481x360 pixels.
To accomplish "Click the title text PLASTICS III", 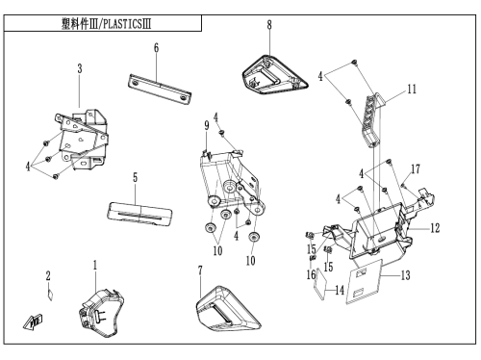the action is (x=127, y=24).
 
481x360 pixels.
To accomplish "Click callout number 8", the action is (x=269, y=25).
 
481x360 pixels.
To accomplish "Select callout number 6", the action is (x=156, y=48).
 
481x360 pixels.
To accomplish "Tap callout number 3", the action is (x=80, y=68).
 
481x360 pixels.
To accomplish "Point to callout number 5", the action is (x=135, y=177).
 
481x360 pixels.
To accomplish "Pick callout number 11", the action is (x=412, y=89).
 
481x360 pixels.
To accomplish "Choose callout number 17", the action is (x=416, y=168).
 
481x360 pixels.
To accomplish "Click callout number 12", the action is (x=435, y=228).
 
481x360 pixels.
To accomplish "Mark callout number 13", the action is (x=405, y=275).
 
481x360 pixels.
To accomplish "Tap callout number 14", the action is (x=340, y=291).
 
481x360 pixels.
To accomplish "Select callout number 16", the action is (x=311, y=274).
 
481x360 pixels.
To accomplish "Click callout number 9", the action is (x=207, y=125).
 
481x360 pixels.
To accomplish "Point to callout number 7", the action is (x=200, y=270).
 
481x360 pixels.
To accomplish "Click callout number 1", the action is (x=95, y=266).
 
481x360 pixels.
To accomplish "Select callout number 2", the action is (x=48, y=275).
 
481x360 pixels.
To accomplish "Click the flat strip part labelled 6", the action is (x=160, y=90).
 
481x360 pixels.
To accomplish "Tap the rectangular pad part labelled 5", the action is (x=139, y=215).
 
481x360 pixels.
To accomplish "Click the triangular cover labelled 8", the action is (x=274, y=75).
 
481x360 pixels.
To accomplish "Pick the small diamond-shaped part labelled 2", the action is (x=50, y=295).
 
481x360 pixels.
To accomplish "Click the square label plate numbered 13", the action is (x=365, y=281).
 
